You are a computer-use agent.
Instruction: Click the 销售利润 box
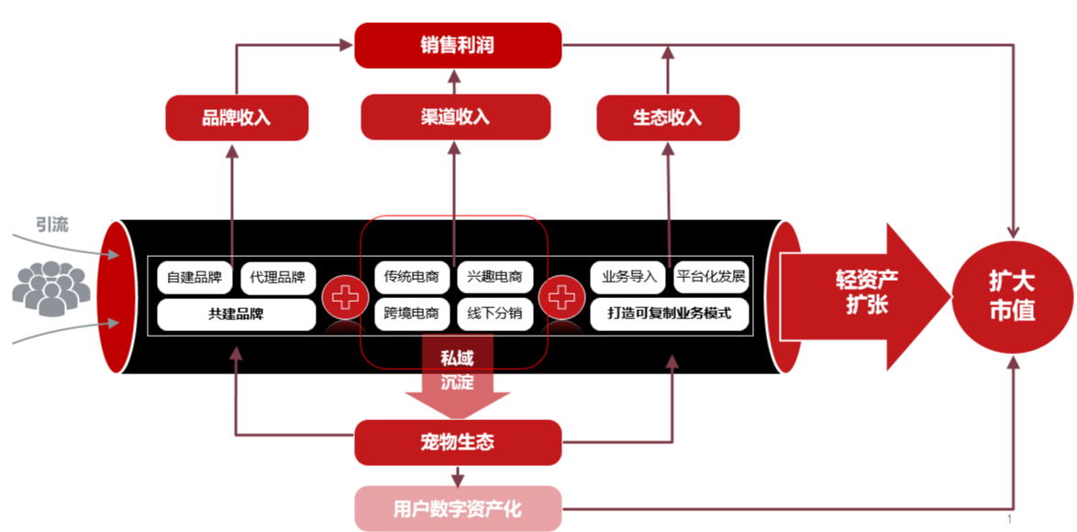(x=457, y=45)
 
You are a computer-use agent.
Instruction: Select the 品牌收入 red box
(x=236, y=118)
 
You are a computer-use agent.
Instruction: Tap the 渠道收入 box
(x=455, y=116)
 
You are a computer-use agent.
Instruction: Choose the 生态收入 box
(x=667, y=118)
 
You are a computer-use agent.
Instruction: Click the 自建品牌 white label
(x=195, y=277)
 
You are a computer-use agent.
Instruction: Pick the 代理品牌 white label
(x=277, y=277)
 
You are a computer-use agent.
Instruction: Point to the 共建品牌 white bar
(x=236, y=314)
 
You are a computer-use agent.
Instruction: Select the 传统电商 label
(x=412, y=277)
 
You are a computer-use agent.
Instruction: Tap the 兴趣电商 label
(x=494, y=277)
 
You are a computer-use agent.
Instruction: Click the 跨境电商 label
(x=412, y=314)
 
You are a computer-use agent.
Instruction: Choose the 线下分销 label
(x=494, y=314)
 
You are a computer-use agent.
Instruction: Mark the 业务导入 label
(x=629, y=277)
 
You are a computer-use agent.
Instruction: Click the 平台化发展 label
(x=711, y=277)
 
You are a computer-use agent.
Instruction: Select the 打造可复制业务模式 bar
(x=670, y=314)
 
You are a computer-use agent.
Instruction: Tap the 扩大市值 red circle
(x=1012, y=295)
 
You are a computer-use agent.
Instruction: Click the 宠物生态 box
(x=457, y=442)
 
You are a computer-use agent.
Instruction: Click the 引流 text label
(x=52, y=225)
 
